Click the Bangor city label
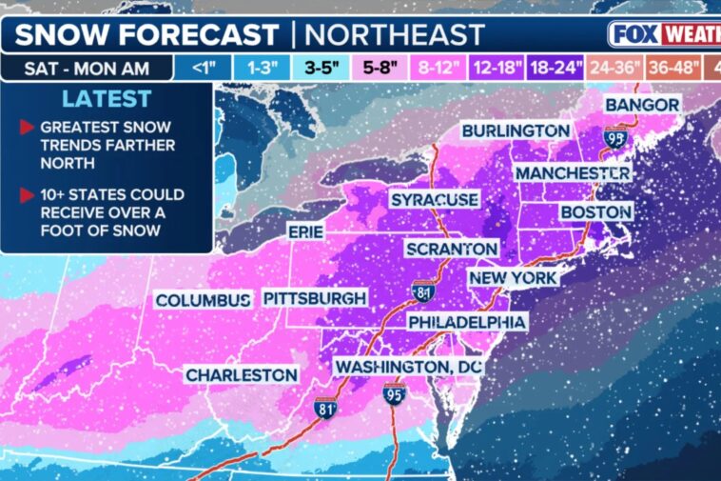pos(642,104)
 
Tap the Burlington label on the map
pos(516,130)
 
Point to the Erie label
pos(305,231)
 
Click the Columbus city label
pos(203,300)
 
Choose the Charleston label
pos(241,375)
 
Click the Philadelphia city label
pos(467,323)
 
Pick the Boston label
pos(596,211)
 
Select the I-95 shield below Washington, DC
pos(394,392)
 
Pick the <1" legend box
pos(202,68)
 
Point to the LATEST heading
pos(106,99)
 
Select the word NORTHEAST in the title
pos(395,34)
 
